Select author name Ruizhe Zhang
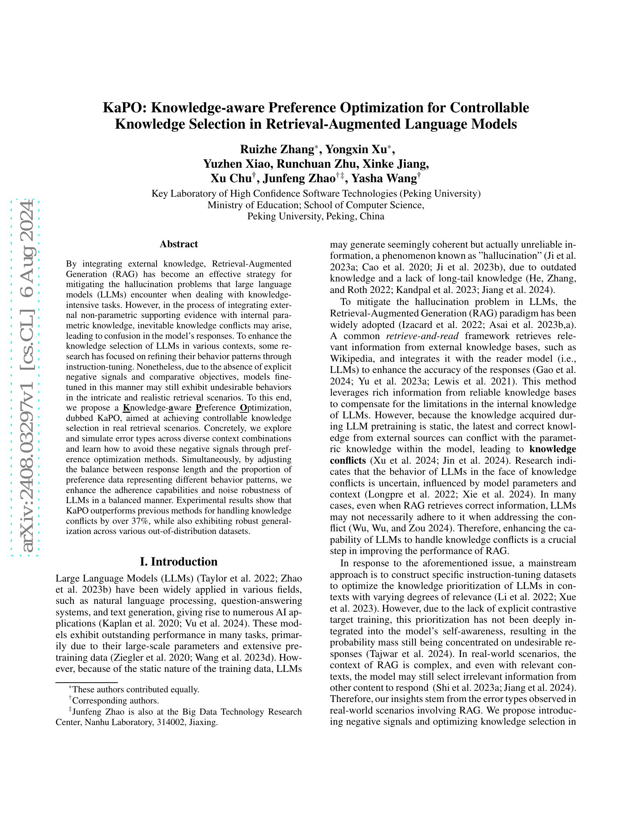coord(277,149)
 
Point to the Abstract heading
coord(178,244)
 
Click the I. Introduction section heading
coord(178,561)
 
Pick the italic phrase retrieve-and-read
coord(422,336)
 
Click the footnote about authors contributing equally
coord(135,689)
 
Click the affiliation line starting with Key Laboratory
coord(316,194)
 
